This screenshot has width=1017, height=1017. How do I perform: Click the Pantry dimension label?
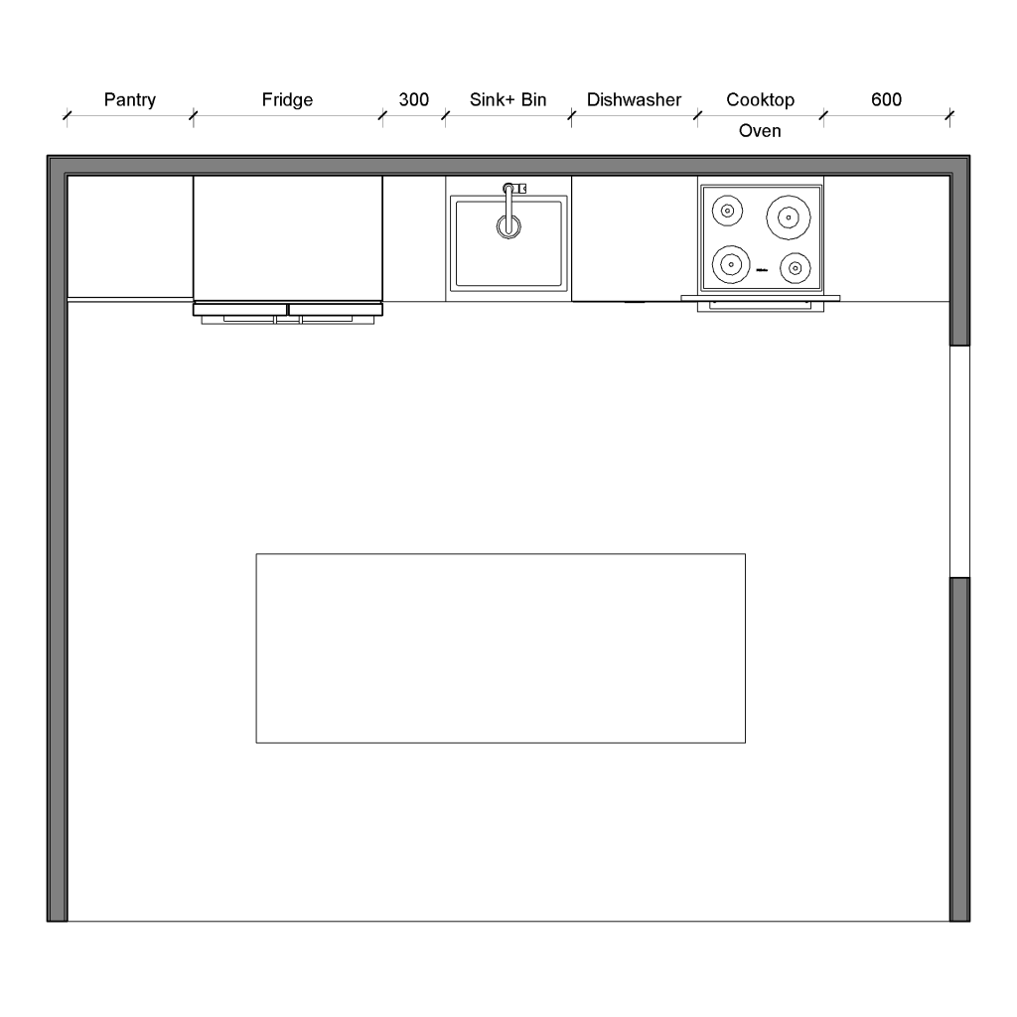pyautogui.click(x=130, y=100)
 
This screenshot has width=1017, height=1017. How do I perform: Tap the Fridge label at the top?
pyautogui.click(x=287, y=100)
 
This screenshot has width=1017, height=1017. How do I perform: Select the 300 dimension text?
pyautogui.click(x=413, y=100)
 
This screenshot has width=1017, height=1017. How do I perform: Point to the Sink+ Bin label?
pyautogui.click(x=508, y=100)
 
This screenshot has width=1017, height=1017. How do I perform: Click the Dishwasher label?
pyautogui.click(x=634, y=100)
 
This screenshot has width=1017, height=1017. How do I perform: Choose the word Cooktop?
pyautogui.click(x=760, y=100)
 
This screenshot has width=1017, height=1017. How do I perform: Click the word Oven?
pyautogui.click(x=760, y=131)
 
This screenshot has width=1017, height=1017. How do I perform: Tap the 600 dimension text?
pyautogui.click(x=886, y=100)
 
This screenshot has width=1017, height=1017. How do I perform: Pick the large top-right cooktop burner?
pyautogui.click(x=789, y=215)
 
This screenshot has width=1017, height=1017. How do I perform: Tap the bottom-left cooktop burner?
pyautogui.click(x=731, y=264)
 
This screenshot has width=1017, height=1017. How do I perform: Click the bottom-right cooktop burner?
pyautogui.click(x=796, y=267)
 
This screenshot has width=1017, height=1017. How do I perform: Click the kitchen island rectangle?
pyautogui.click(x=501, y=648)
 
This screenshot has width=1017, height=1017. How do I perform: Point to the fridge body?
pyautogui.click(x=287, y=238)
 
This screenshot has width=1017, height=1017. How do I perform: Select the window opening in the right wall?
pyautogui.click(x=959, y=461)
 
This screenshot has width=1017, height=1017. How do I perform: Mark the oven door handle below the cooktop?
pyautogui.click(x=760, y=307)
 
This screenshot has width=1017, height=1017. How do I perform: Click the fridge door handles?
pyautogui.click(x=287, y=319)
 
